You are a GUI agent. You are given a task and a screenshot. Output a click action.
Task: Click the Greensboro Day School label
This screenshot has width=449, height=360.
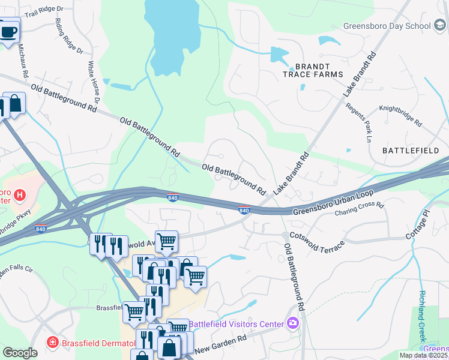point(387,26)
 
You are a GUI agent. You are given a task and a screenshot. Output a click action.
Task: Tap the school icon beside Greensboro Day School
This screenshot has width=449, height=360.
point(439,26)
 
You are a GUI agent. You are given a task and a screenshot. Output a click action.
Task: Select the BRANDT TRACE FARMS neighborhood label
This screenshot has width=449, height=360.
point(313,70)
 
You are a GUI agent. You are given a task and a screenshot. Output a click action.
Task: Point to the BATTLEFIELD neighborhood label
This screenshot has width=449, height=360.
point(411,150)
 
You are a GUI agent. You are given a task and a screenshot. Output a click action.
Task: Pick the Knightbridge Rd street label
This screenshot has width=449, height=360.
point(400,116)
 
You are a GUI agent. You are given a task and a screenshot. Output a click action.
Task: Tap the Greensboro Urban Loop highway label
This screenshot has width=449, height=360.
point(334,202)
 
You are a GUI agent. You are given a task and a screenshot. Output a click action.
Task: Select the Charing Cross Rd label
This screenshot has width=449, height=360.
point(359,209)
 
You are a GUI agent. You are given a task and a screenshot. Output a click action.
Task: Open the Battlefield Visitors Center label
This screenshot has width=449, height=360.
point(236,324)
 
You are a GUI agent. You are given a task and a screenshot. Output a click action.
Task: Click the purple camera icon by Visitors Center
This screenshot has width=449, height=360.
point(292,323)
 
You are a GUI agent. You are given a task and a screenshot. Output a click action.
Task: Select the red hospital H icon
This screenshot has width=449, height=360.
point(20,194)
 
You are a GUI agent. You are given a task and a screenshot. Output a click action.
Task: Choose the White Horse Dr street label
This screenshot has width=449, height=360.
point(94,82)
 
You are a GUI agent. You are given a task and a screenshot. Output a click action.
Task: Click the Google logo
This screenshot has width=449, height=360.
point(20,353)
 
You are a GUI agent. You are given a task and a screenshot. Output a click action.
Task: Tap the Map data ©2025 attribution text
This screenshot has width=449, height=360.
point(423,355)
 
